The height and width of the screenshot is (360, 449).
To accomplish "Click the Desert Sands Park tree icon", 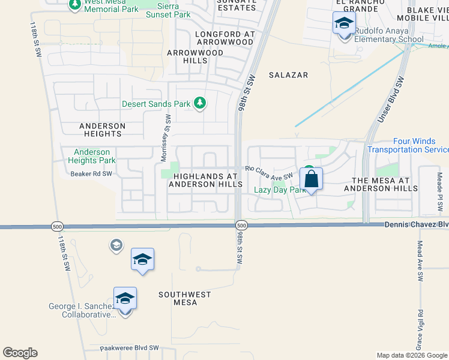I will coord(200,104).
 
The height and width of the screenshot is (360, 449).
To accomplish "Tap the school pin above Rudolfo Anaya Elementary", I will coord(344,25).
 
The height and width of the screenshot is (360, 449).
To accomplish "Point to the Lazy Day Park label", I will coord(276,190).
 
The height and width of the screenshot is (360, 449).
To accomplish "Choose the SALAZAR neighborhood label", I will coord(288,75).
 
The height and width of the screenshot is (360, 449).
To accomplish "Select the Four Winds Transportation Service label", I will coord(408,145).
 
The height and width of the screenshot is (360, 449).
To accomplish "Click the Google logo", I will coord(20,353).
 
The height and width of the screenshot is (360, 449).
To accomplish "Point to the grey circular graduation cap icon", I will coord(116,245).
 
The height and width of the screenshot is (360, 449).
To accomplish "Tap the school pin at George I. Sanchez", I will coord(125,298).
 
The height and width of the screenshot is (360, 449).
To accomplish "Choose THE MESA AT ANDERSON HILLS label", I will coord(381,184).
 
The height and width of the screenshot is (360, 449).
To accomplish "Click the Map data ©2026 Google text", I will coord(411,355).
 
